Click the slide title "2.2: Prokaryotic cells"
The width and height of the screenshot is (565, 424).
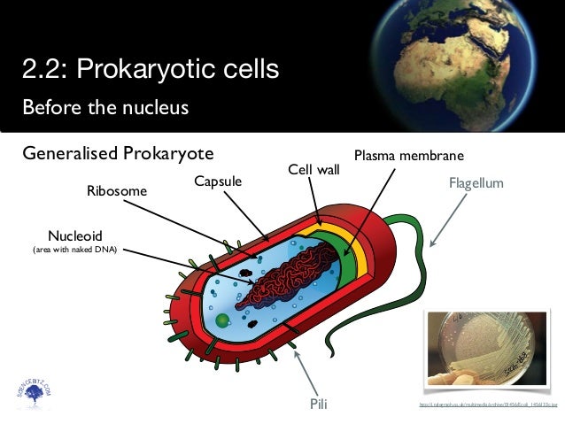click(x=151, y=67)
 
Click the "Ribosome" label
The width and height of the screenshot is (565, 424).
click(x=116, y=190)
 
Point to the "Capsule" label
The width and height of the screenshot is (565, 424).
click(x=217, y=181)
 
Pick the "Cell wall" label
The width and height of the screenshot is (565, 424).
click(x=313, y=168)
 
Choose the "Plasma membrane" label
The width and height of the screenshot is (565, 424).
click(x=408, y=156)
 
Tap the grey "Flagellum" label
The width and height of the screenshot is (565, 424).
click(x=476, y=183)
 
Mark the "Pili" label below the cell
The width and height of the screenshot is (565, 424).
click(x=320, y=405)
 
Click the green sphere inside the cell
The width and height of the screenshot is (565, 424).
click(x=222, y=320)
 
